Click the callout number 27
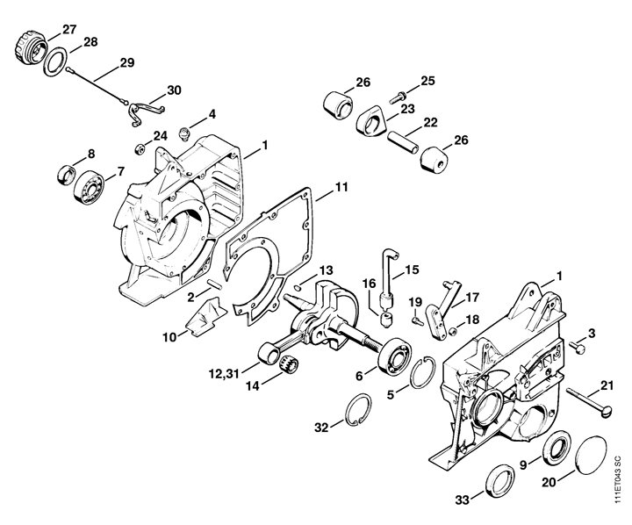[x=69, y=30]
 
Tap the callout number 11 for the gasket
[x=341, y=187]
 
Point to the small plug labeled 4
[x=184, y=133]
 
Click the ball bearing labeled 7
[x=89, y=188]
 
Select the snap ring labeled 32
[x=359, y=410]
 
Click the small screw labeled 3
[x=577, y=347]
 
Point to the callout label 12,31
[x=223, y=374]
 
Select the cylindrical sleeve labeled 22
[x=404, y=141]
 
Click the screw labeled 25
[x=398, y=97]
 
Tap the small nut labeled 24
[x=140, y=149]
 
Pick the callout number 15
[x=412, y=270]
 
